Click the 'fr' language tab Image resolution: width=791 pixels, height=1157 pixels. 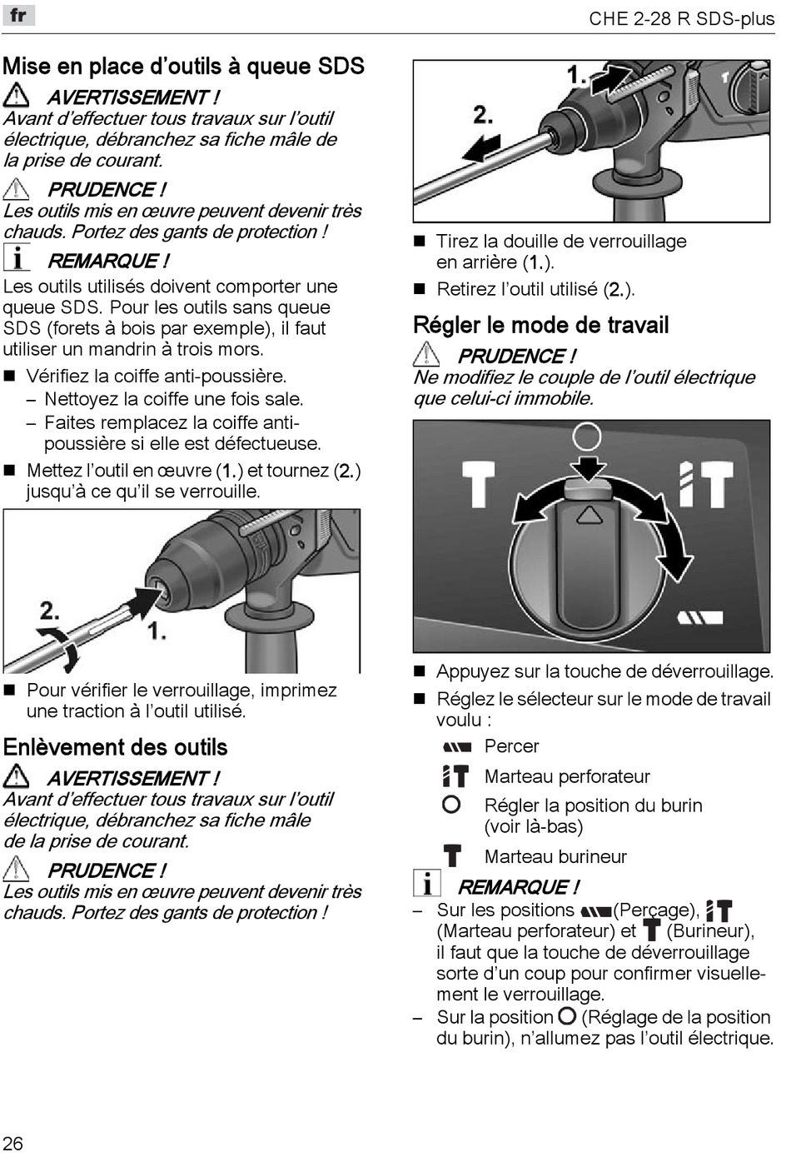17,15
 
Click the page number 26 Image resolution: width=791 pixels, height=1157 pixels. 12,1143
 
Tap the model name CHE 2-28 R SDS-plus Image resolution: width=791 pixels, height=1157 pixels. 681,18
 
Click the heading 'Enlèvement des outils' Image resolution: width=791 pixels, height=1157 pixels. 116,747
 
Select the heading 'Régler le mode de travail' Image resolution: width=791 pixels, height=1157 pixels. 541,325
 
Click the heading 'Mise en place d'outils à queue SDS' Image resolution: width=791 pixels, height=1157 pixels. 184,66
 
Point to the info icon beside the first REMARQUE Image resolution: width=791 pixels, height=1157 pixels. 17,257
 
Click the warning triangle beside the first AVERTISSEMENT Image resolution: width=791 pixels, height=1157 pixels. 17,96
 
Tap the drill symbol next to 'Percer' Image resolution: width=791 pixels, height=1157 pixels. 457,746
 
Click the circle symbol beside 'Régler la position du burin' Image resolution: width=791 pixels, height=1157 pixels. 451,805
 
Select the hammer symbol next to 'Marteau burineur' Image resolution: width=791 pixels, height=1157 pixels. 452,855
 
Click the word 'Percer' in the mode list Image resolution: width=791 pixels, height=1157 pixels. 511,746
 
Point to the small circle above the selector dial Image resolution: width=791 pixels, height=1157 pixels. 587,435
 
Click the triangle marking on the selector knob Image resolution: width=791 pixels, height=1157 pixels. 589,515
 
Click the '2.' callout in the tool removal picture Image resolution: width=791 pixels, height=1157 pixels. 483,114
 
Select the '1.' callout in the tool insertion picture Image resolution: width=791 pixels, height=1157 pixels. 157,631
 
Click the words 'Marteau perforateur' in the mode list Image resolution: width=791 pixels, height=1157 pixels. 567,776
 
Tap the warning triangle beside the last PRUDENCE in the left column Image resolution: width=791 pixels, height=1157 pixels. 17,870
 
